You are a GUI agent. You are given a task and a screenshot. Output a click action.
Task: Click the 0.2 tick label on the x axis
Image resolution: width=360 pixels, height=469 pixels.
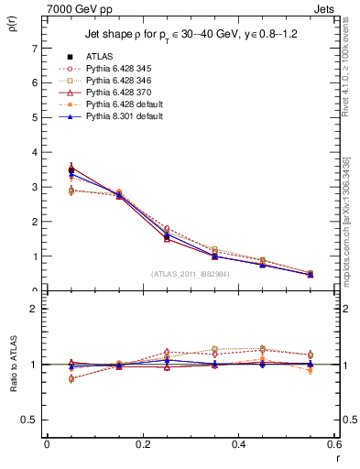[142, 446]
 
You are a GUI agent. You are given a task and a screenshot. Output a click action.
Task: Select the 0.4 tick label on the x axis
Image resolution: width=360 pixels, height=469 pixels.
[238, 446]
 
